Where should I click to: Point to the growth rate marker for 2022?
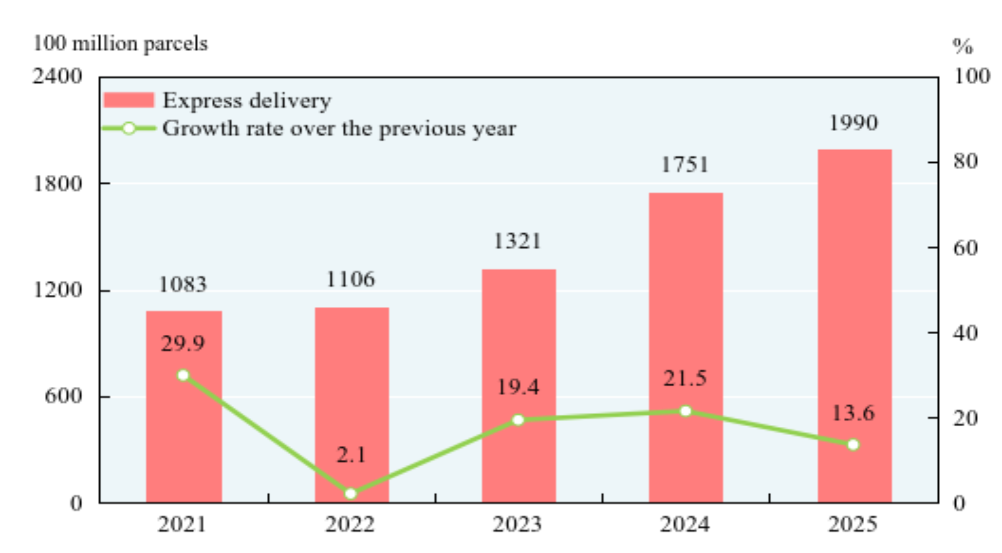[x=351, y=494]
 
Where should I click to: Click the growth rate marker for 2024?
[x=686, y=411]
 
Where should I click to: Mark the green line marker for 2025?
[x=853, y=444]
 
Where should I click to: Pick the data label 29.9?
[x=183, y=344]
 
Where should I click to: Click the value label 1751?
[x=685, y=165]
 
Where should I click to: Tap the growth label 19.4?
[x=518, y=387]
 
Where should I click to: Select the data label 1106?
[x=350, y=280]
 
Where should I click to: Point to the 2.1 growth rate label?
[x=351, y=455]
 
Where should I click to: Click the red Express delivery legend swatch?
[x=129, y=100]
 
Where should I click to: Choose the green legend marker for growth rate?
[x=129, y=129]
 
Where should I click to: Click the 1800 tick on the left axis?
[x=57, y=184]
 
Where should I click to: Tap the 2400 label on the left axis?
[x=57, y=76]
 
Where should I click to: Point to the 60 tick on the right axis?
[x=965, y=248]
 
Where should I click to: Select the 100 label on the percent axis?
[x=971, y=76]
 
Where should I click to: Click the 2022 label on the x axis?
[x=350, y=525]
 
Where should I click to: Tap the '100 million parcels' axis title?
[x=120, y=44]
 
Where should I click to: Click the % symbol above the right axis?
[x=963, y=47]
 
